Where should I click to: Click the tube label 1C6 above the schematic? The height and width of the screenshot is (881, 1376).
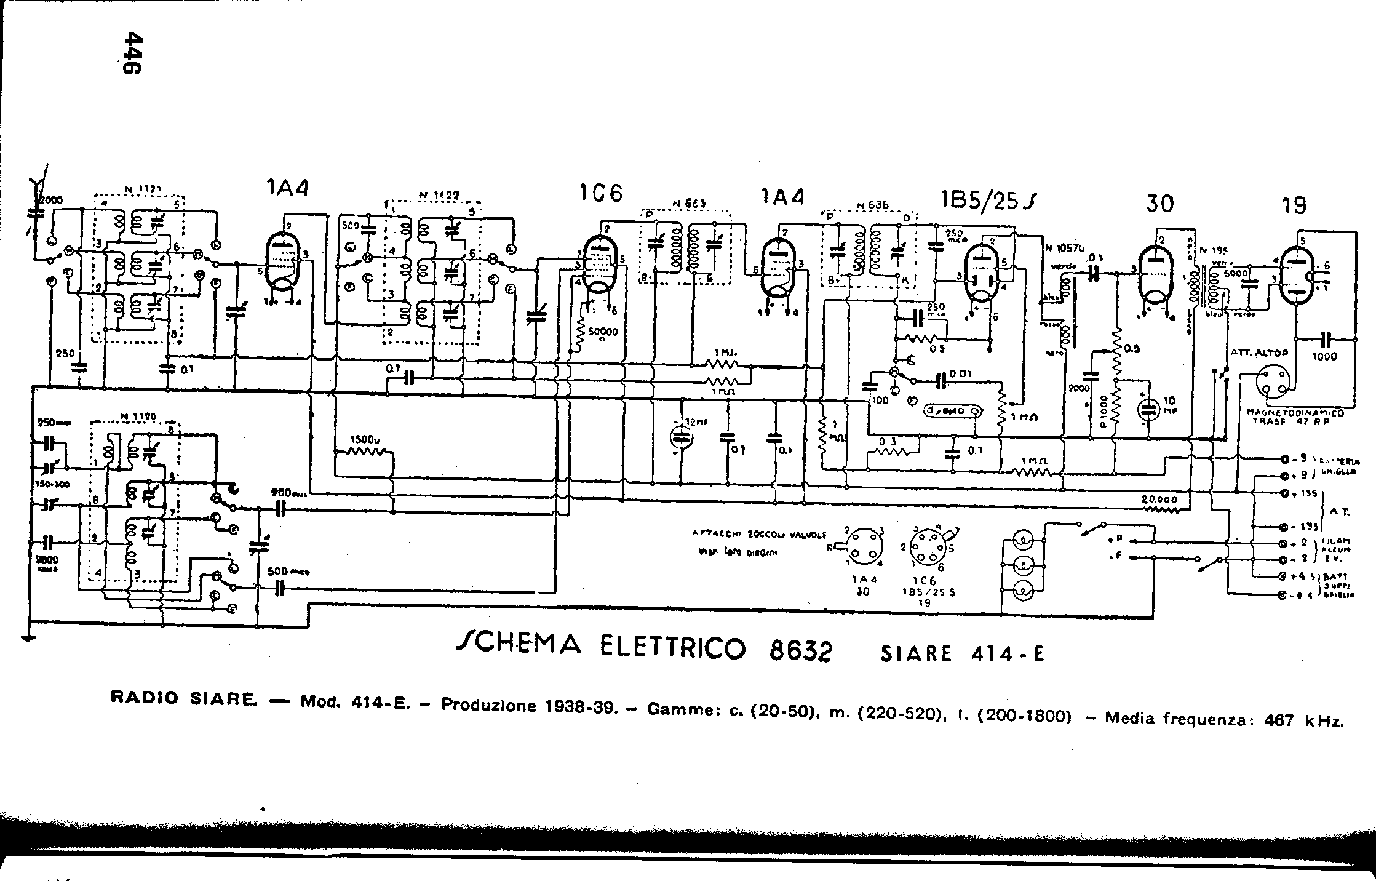pyautogui.click(x=600, y=194)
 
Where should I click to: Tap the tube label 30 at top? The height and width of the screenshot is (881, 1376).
pyautogui.click(x=1159, y=203)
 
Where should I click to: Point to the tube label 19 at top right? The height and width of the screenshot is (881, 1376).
pyautogui.click(x=1294, y=205)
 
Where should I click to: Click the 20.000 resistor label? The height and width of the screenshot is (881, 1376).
pyautogui.click(x=1159, y=500)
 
